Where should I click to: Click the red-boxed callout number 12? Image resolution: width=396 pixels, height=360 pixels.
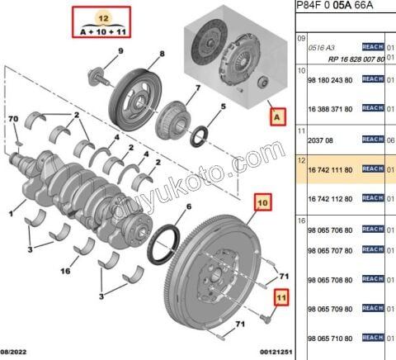click(x=102, y=17)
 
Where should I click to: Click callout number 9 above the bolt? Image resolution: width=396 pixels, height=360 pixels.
click(x=120, y=52)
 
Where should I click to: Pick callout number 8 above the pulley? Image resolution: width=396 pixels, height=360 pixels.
click(x=162, y=54)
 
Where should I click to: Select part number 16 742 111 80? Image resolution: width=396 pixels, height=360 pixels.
click(x=329, y=170)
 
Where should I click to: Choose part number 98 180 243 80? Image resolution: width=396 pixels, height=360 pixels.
click(x=329, y=80)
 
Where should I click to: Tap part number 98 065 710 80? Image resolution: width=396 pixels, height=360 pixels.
click(x=329, y=339)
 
